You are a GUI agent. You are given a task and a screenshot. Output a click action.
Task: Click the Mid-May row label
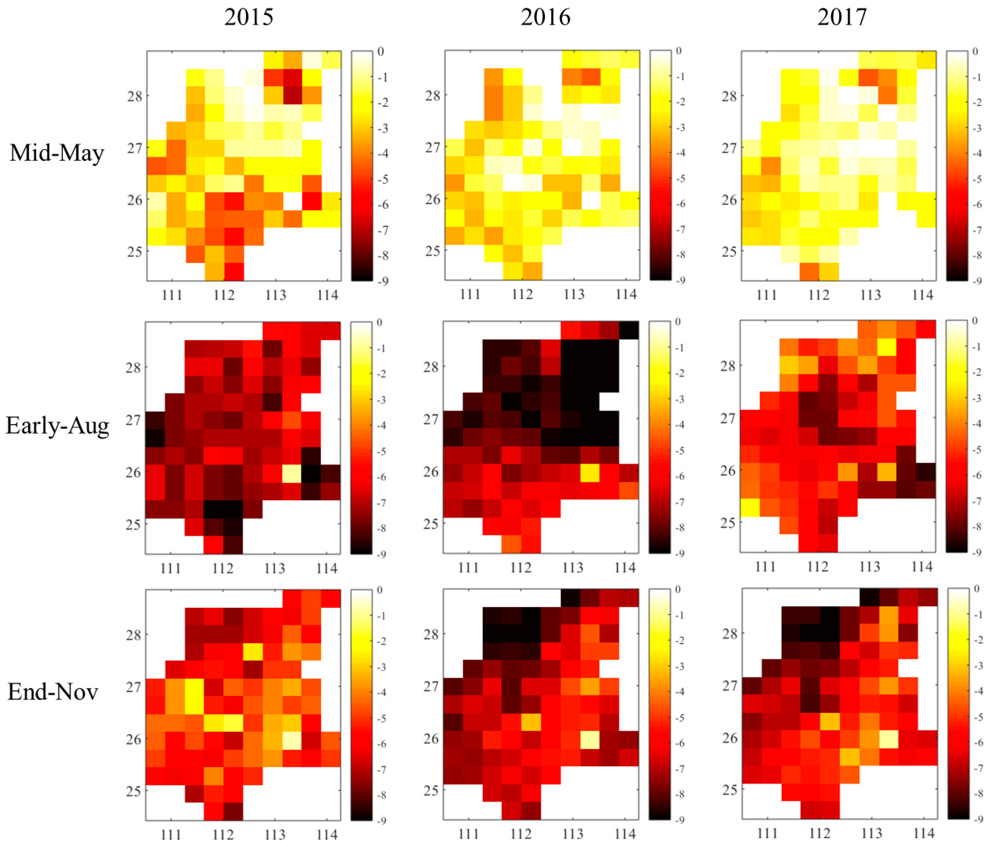coord(57,153)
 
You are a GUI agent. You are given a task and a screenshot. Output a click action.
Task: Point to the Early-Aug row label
coord(57,426)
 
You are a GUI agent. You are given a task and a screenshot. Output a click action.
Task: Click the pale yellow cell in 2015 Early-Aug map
coord(292,474)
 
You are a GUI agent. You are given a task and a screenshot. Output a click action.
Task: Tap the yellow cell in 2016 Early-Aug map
coord(590,473)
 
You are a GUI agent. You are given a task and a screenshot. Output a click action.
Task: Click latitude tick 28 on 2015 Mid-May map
coord(134,96)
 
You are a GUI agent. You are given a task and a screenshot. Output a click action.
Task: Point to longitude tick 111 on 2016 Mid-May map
coord(470,295)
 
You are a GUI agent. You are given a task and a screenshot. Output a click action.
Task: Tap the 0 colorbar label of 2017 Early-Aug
coord(975,321)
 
